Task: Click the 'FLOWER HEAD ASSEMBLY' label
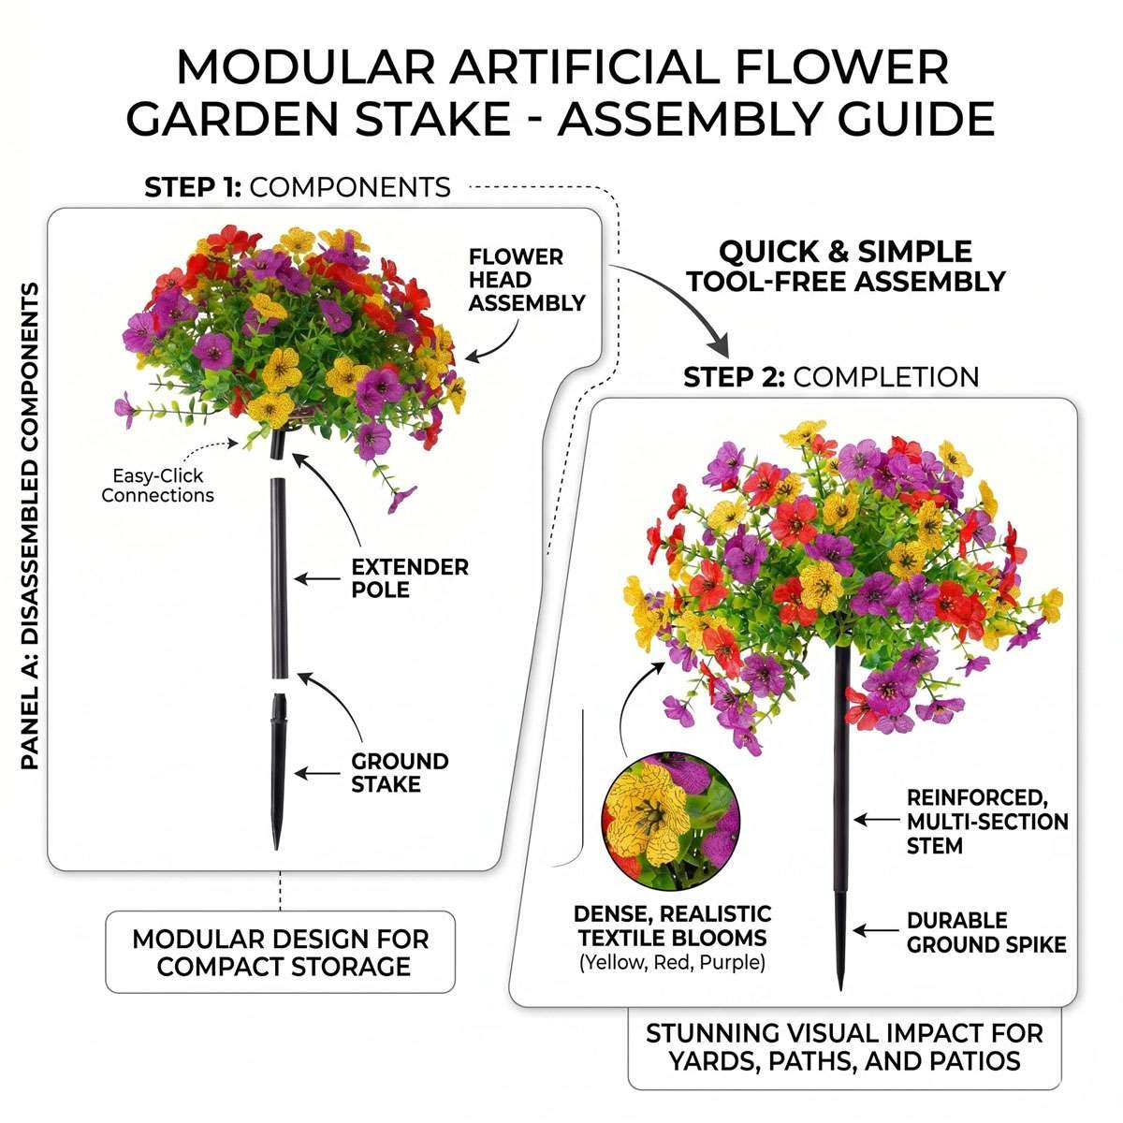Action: [x=526, y=280]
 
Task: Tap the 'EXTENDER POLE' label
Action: [x=409, y=578]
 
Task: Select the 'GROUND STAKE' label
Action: [x=400, y=773]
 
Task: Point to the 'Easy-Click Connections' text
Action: [x=157, y=486]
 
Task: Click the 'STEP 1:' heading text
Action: [x=193, y=187]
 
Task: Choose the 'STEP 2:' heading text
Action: [x=734, y=377]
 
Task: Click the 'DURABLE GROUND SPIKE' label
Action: [x=986, y=932]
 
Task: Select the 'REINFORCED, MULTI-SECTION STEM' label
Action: [x=987, y=821]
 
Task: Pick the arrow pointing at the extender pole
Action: [x=317, y=578]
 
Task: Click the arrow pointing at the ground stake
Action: [x=317, y=773]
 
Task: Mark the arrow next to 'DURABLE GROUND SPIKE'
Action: [x=876, y=930]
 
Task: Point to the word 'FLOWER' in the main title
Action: [x=842, y=67]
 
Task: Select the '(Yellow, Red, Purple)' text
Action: [x=672, y=962]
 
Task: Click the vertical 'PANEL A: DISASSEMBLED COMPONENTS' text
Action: [x=30, y=526]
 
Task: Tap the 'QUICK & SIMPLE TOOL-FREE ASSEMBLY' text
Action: [x=846, y=267]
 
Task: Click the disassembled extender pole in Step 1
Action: [x=279, y=578]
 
